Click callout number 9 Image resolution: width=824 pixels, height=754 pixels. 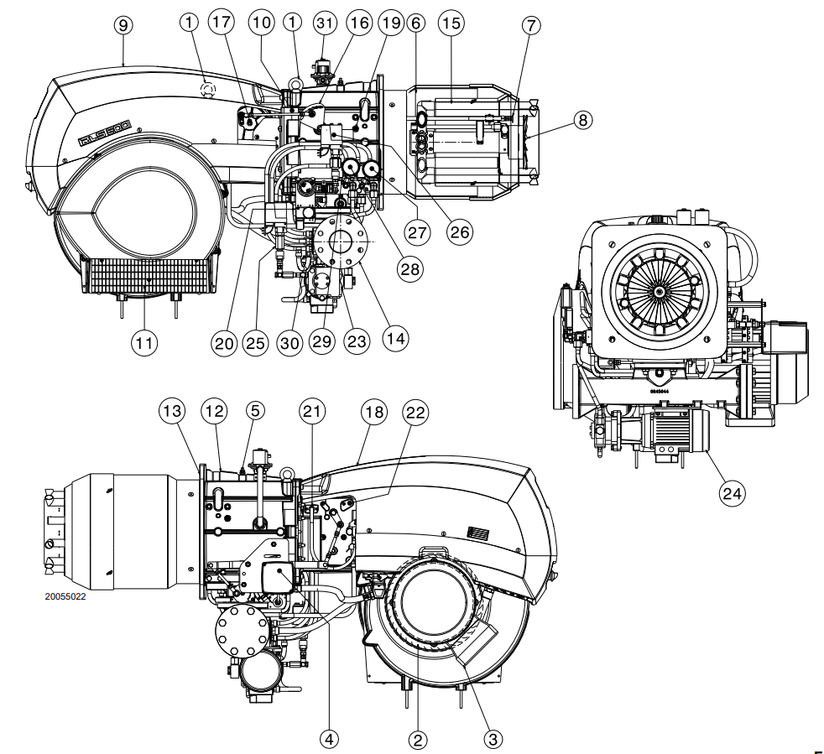coord(123,25)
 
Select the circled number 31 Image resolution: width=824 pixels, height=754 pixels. coord(323,23)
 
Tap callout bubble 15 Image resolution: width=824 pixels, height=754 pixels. coord(451,23)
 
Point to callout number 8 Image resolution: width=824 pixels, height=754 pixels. coord(581,120)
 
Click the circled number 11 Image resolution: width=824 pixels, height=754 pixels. coord(144,343)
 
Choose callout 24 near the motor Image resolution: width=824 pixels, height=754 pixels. coord(732,493)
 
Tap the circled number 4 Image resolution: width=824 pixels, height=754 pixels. coord(329,738)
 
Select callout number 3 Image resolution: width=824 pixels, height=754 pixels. coord(493,738)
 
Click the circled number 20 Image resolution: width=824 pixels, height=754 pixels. coord(223,343)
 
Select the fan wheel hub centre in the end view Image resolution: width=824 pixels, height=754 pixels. coord(659,291)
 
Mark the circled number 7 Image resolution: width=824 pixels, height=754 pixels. coord(529,24)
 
